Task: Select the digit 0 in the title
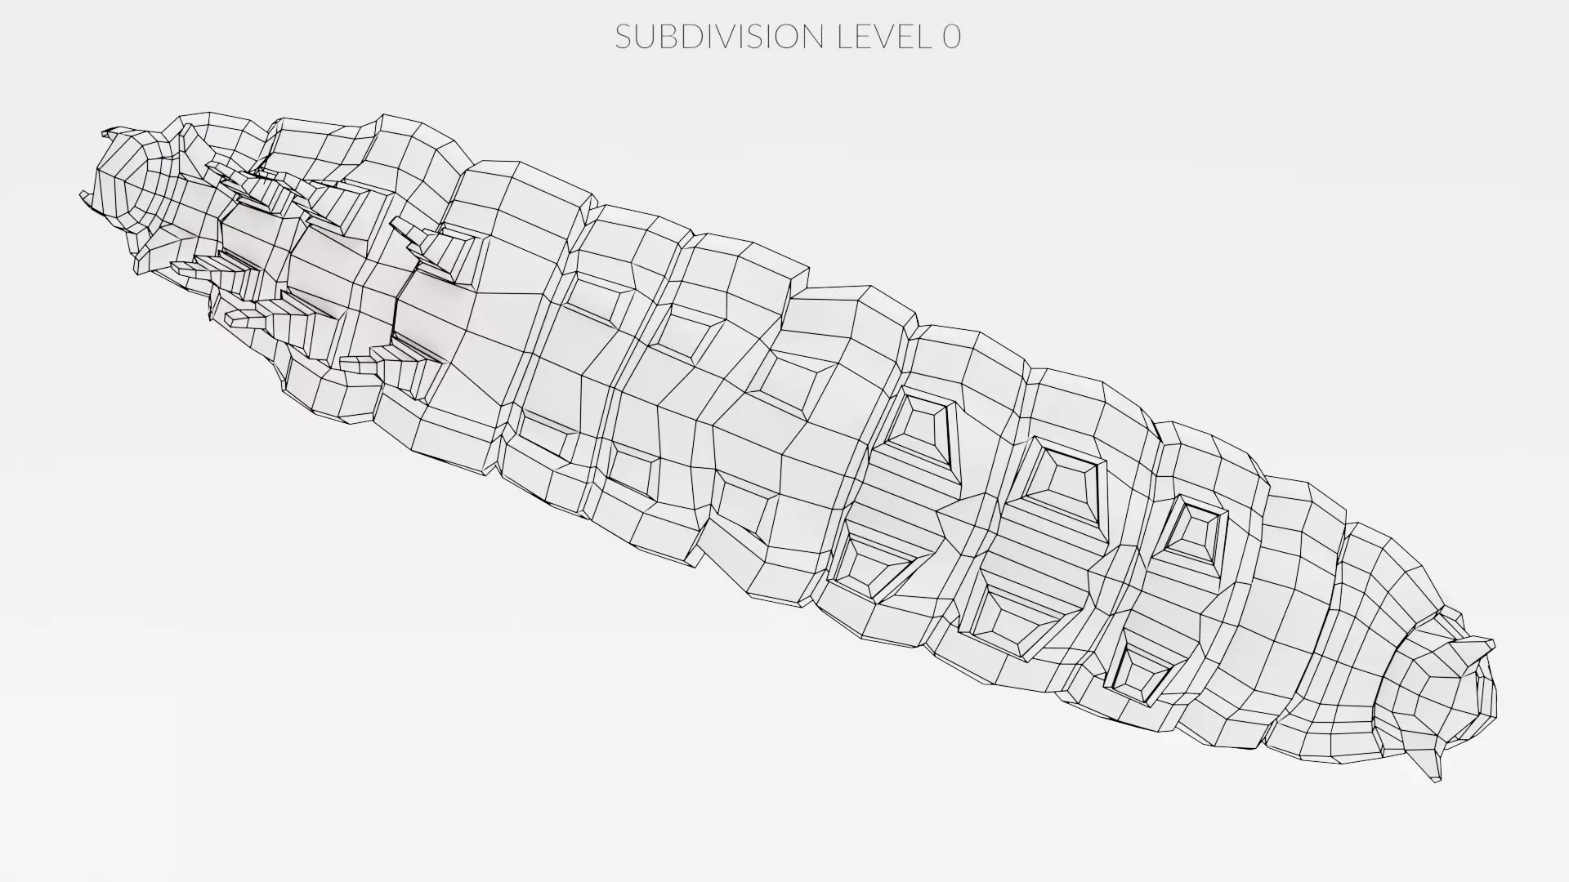(951, 37)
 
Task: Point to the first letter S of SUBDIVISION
(624, 37)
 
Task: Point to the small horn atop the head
(118, 131)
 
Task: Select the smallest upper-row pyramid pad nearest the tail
(1198, 531)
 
